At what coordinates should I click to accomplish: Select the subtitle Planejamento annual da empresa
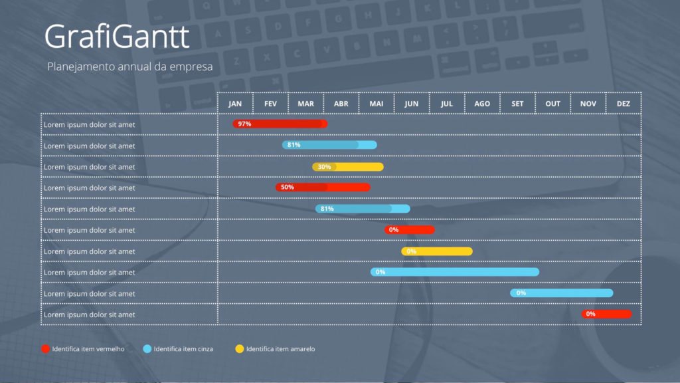130,67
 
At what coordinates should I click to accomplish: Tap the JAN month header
235,104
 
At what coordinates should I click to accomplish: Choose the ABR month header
341,104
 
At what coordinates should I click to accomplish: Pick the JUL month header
447,104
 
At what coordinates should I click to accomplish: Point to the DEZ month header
624,104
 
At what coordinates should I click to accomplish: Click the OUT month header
553,104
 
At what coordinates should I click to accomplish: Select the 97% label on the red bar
244,124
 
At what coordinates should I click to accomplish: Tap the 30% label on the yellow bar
324,166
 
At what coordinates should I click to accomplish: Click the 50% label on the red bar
287,188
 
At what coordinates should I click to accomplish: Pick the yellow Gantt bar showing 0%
437,251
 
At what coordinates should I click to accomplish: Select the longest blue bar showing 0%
455,272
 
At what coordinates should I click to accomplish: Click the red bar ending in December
607,314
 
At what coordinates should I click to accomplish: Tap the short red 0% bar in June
410,230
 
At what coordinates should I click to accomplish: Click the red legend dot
45,348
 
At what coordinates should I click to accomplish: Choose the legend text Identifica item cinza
183,349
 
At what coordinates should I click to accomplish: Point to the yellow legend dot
240,348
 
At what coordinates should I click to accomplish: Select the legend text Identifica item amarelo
280,349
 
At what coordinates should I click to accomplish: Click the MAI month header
377,104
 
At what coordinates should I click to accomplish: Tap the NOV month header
588,104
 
